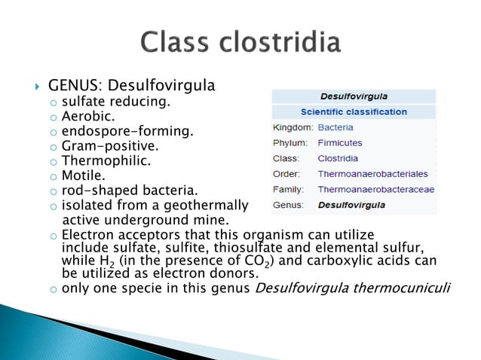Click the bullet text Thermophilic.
[106, 161]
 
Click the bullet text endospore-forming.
[127, 132]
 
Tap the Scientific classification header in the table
[354, 111]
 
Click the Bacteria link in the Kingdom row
[335, 127]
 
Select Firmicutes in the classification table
[340, 142]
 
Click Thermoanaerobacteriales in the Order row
[372, 174]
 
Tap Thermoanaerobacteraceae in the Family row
[376, 189]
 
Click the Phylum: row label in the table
[290, 142]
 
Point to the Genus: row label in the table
[289, 205]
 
